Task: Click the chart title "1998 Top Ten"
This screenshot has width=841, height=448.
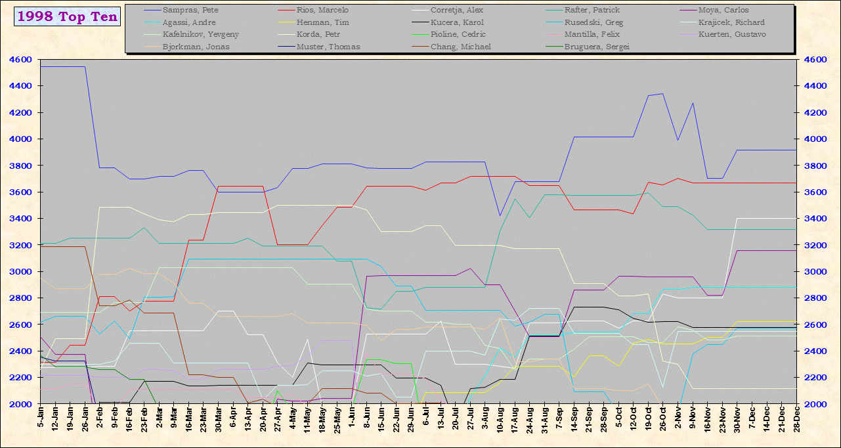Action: tap(67, 17)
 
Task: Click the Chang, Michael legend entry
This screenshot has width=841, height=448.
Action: tap(460, 47)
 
